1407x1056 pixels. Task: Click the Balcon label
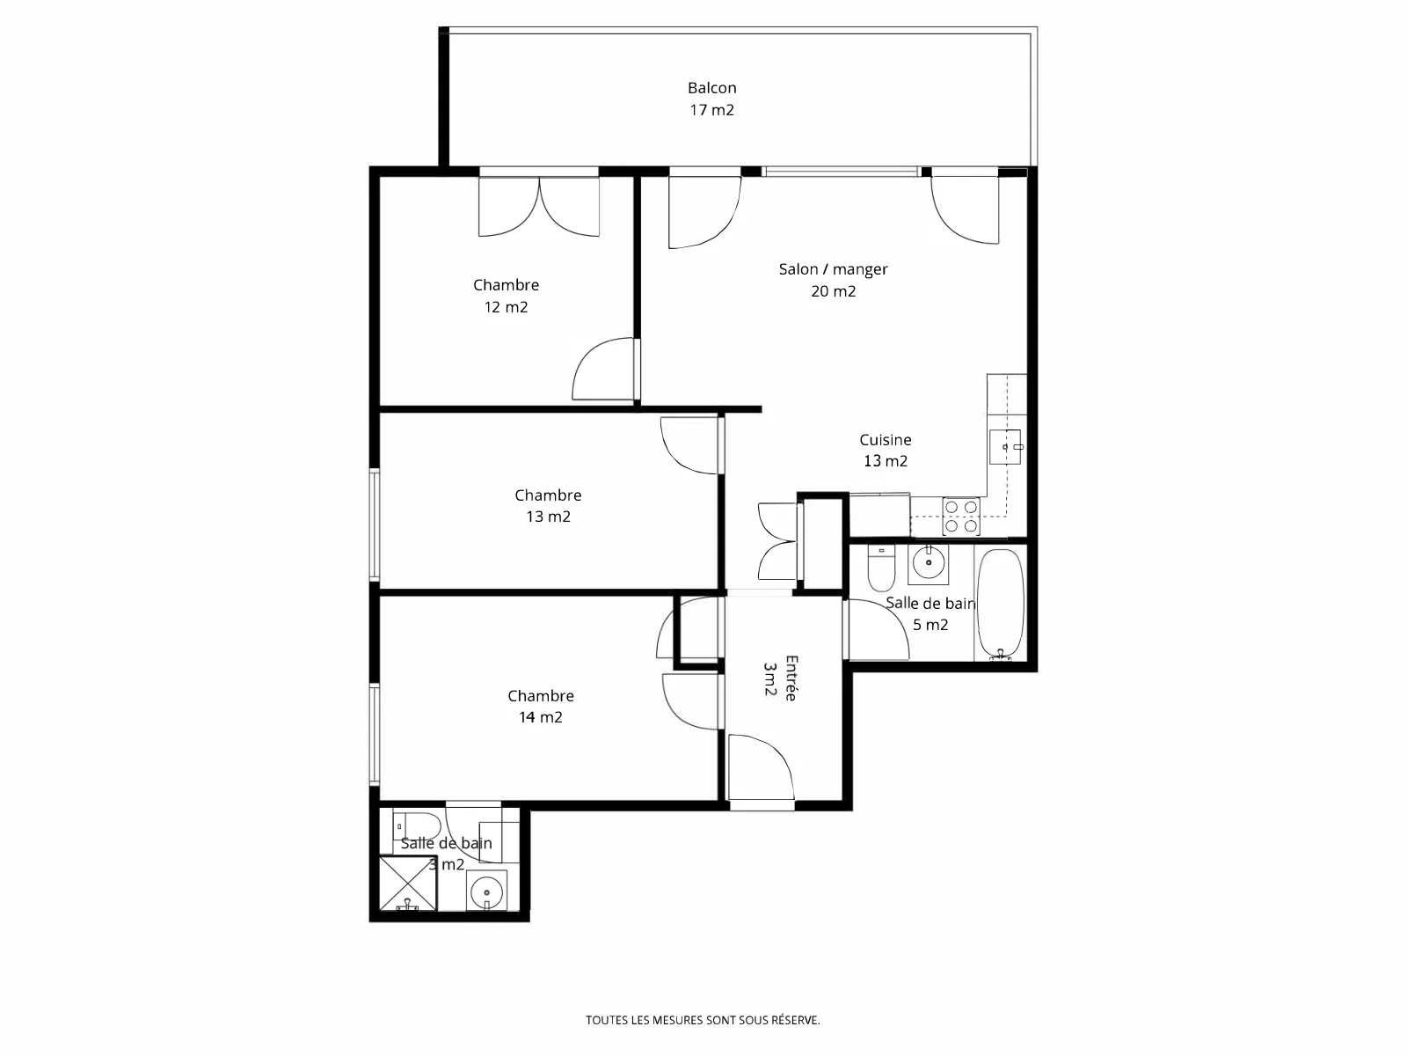pyautogui.click(x=711, y=88)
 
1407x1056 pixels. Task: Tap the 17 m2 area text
pyautogui.click(x=711, y=110)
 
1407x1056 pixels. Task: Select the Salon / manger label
pyautogui.click(x=833, y=269)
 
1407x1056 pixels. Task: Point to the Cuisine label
pyautogui.click(x=886, y=440)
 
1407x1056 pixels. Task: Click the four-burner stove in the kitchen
pyautogui.click(x=961, y=517)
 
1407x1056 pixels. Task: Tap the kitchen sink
pyautogui.click(x=1005, y=446)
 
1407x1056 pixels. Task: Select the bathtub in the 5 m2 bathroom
pyautogui.click(x=1000, y=604)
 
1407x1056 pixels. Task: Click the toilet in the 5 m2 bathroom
pyautogui.click(x=881, y=568)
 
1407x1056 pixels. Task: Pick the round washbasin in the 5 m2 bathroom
pyautogui.click(x=928, y=564)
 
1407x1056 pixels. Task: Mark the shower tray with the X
pyautogui.click(x=408, y=884)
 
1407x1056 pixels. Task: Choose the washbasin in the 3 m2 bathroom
pyautogui.click(x=486, y=891)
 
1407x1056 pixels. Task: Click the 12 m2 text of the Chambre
pyautogui.click(x=506, y=307)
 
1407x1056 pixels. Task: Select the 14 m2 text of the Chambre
pyautogui.click(x=540, y=717)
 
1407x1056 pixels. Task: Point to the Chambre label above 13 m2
pyautogui.click(x=548, y=495)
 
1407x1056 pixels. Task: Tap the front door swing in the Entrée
pyautogui.click(x=762, y=767)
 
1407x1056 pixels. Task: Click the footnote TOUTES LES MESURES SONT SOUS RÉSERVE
pyautogui.click(x=703, y=1020)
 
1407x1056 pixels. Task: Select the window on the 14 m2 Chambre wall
pyautogui.click(x=375, y=734)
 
